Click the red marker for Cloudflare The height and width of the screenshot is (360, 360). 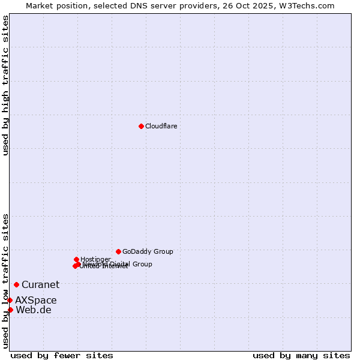[141, 126]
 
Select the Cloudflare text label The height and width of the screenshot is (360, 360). [161, 126]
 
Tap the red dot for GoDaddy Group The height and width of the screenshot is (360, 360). [118, 251]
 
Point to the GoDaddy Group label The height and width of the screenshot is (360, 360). [148, 251]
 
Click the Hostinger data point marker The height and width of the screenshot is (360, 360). [76, 259]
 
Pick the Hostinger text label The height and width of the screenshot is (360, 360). [95, 259]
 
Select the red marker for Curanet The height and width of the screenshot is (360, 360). [16, 284]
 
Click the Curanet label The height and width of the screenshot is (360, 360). [40, 284]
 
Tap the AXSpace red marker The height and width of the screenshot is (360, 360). [10, 300]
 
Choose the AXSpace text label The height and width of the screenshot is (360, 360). [36, 300]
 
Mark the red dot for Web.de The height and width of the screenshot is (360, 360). [10, 310]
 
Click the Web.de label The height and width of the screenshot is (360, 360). [34, 310]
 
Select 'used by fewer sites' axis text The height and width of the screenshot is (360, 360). [62, 355]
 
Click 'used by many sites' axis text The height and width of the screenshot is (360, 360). [301, 355]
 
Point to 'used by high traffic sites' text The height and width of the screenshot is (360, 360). [5, 85]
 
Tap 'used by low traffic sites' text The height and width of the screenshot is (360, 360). [5, 281]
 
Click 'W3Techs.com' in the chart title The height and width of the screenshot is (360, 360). [310, 5]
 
